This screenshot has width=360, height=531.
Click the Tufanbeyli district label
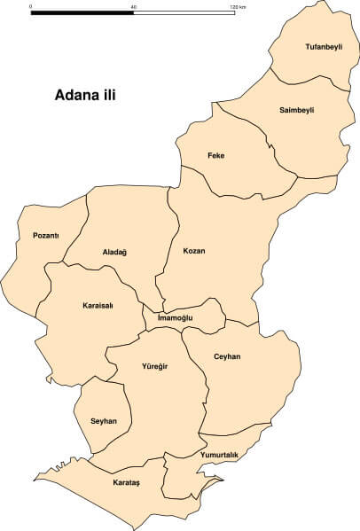(323, 46)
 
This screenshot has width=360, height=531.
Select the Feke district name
(215, 156)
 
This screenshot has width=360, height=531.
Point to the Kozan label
(193, 251)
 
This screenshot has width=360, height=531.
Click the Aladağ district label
(114, 253)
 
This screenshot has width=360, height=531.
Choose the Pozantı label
(45, 235)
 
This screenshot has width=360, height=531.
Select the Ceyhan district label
(227, 356)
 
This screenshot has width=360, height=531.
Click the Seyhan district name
(104, 421)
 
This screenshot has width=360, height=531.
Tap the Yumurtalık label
(220, 455)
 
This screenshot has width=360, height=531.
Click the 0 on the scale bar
(31, 6)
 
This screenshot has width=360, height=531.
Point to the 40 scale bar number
(133, 6)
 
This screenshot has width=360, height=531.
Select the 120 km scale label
(237, 6)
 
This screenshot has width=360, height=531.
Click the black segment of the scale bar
(82, 13)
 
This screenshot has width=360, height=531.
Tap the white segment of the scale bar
(184, 13)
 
